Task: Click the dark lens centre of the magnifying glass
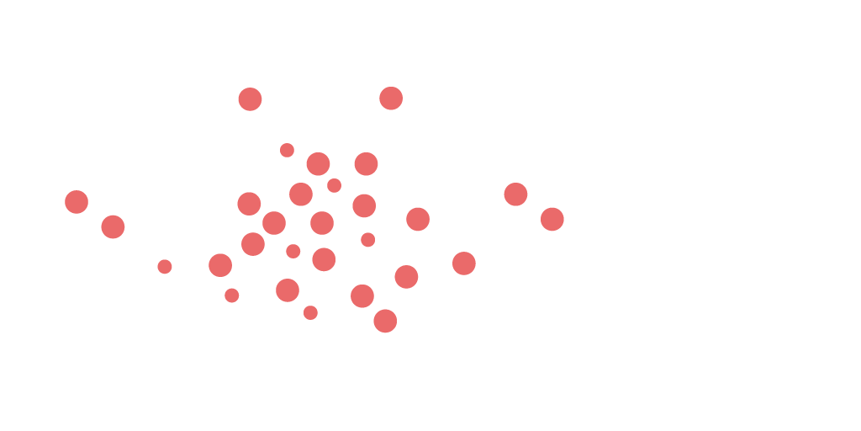tap(665, 190)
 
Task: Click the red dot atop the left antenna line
tap(250, 99)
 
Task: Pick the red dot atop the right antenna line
tap(391, 98)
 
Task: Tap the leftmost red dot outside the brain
tap(77, 202)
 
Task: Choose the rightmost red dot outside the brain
tap(552, 220)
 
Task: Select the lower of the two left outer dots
tap(113, 226)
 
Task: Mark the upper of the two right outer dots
tap(515, 194)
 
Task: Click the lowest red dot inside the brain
tap(385, 321)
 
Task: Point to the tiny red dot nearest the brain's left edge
tap(165, 266)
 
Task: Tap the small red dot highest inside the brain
tap(287, 150)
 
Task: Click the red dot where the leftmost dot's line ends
tap(249, 203)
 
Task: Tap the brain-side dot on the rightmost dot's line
tap(418, 220)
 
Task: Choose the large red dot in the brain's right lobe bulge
tap(464, 263)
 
